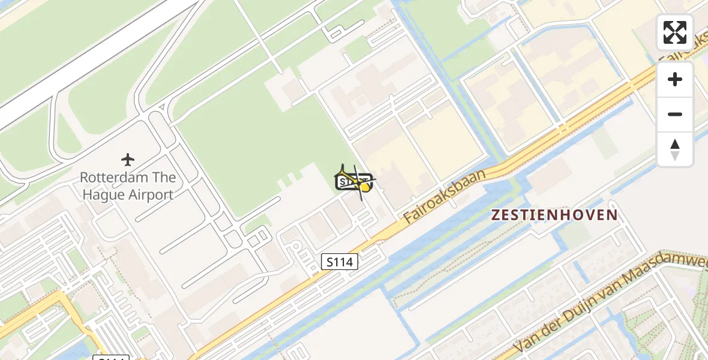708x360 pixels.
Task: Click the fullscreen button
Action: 675,32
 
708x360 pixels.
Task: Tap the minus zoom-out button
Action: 675,114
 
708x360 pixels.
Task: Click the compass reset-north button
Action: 675,149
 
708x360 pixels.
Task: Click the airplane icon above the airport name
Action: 127,160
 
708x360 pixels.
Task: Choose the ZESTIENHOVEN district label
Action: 554,215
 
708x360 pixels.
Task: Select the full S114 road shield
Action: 340,262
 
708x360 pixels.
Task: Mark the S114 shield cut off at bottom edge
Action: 112,358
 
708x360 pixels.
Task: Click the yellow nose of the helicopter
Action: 365,187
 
